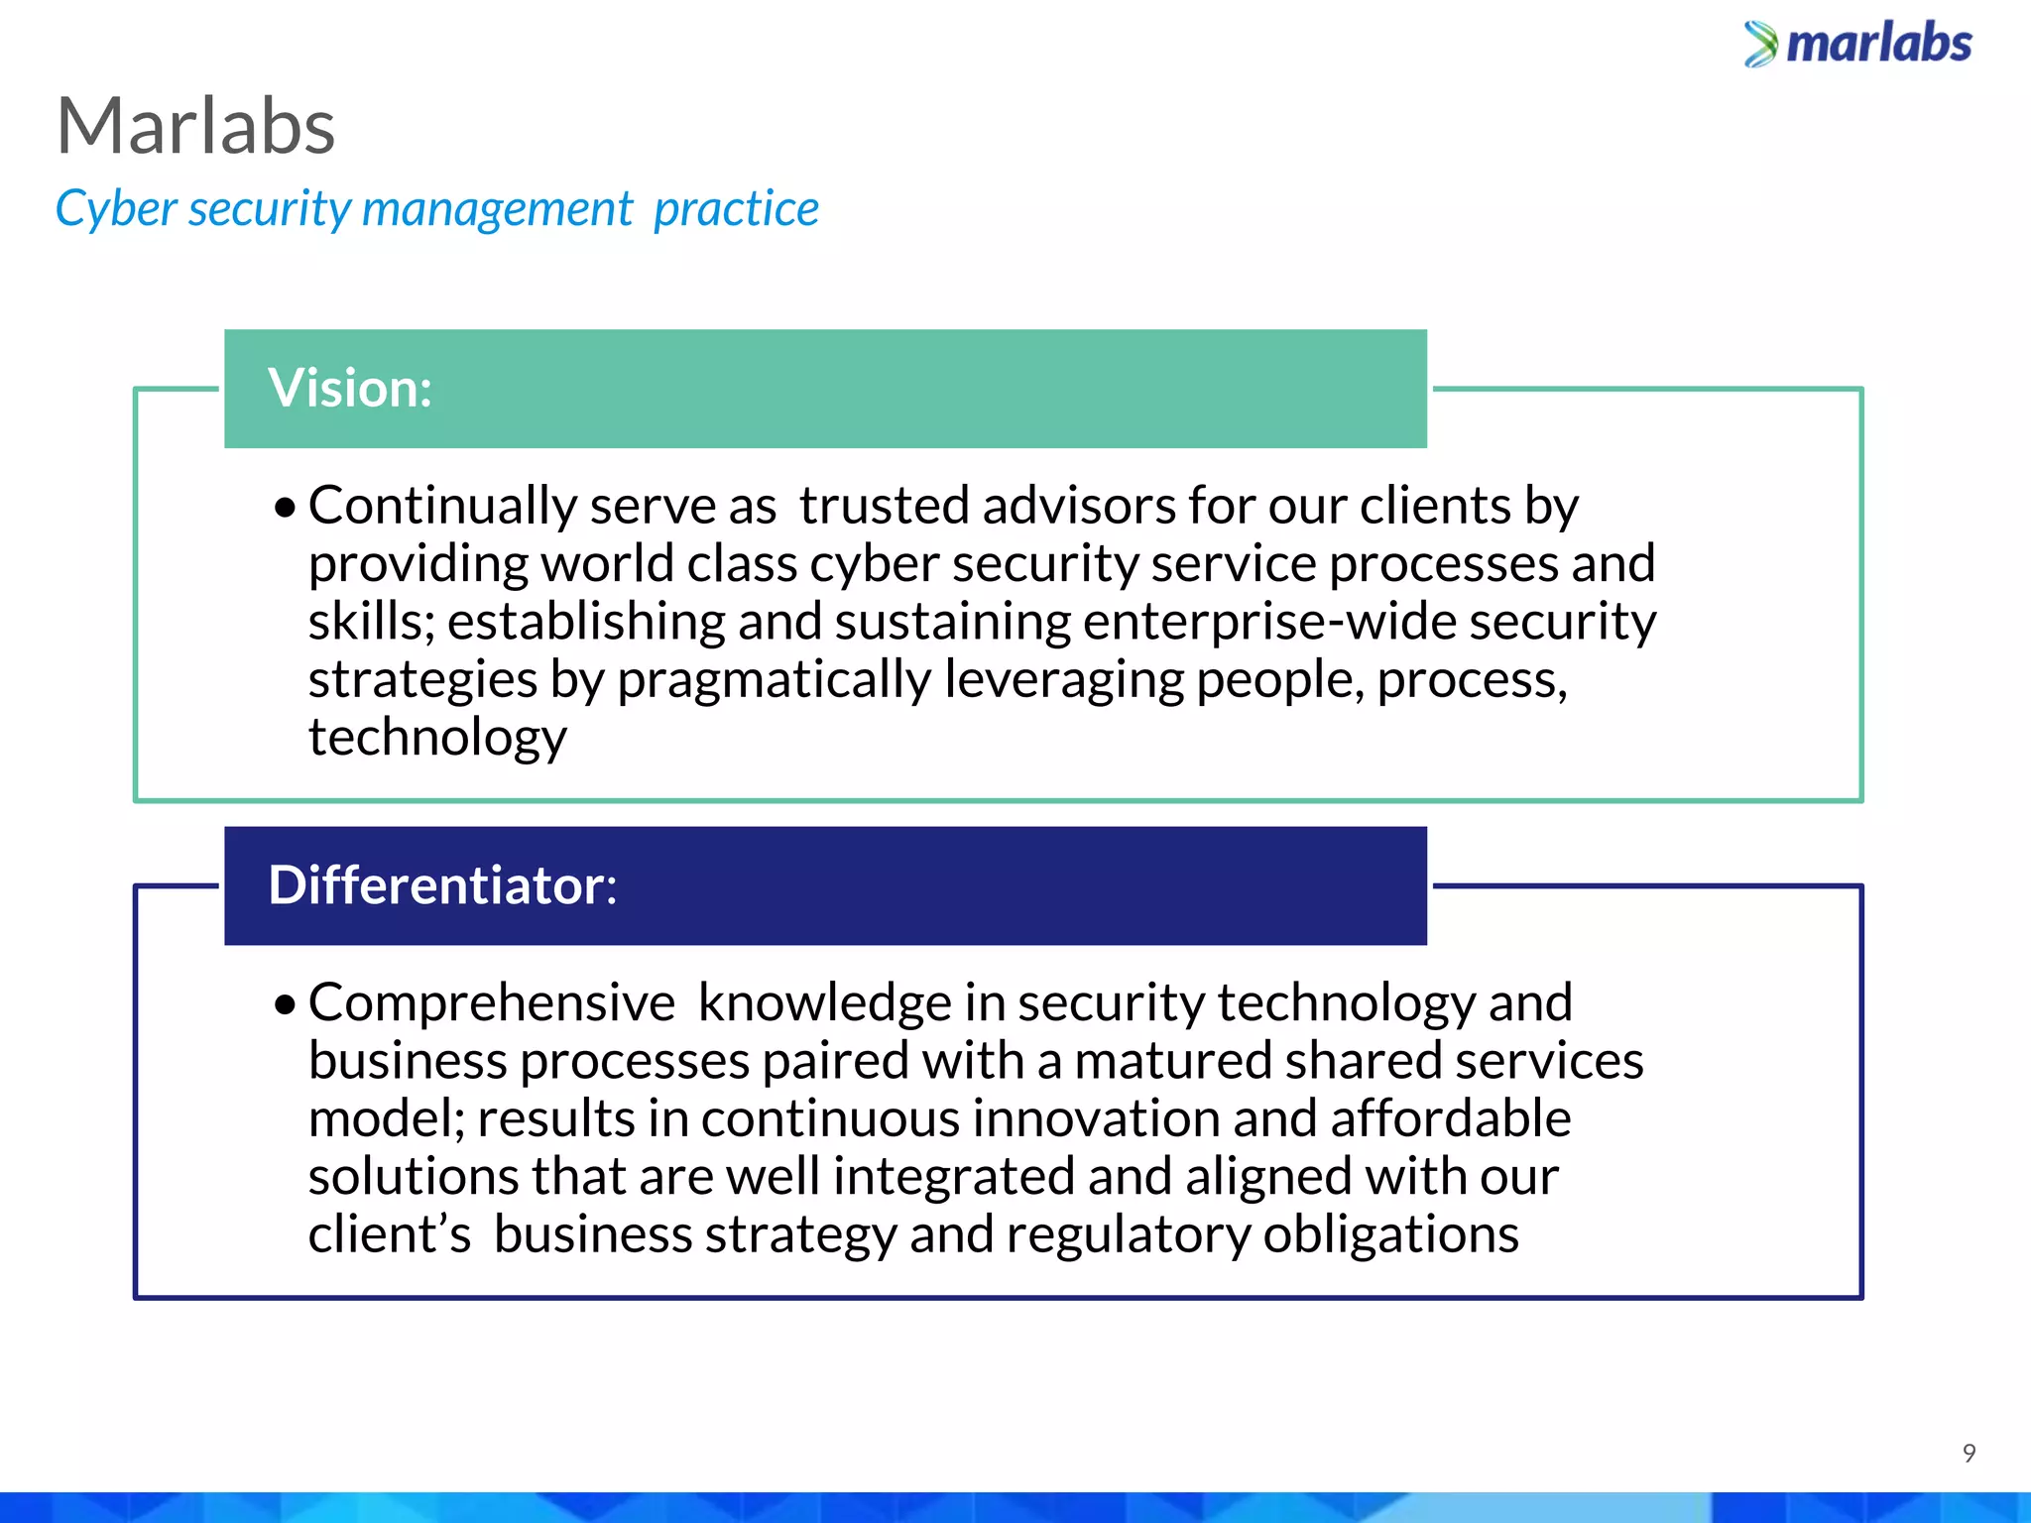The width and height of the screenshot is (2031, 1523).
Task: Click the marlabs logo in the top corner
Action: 1857,45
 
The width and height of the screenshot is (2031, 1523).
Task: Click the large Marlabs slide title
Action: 196,127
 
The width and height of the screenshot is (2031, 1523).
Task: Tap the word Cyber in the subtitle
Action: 116,209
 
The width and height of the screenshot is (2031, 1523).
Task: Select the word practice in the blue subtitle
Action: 736,209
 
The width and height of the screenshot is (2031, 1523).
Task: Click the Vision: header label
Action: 350,388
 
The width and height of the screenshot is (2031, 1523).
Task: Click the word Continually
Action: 442,506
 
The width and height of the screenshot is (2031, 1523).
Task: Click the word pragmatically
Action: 774,681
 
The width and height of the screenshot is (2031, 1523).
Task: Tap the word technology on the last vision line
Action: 437,739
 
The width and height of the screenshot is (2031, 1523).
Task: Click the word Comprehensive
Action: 492,1002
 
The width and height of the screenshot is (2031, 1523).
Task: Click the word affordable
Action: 1450,1118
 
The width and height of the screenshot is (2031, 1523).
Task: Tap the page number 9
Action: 1969,1454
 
